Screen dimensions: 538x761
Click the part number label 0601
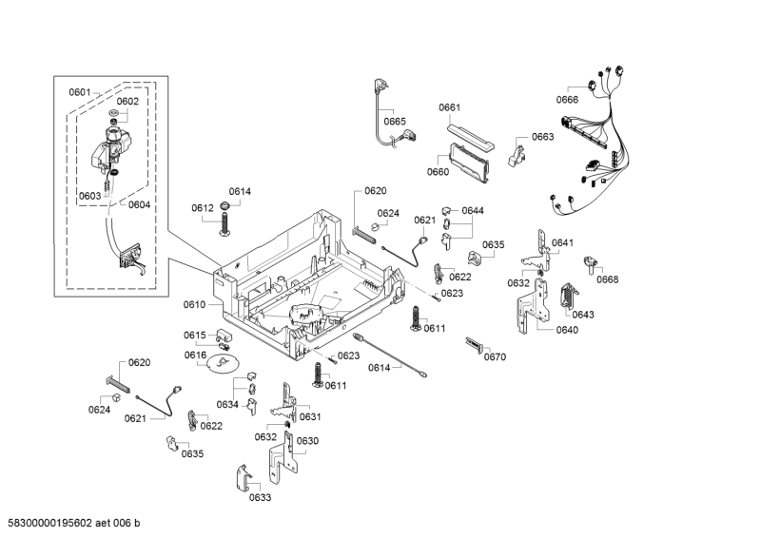coord(79,92)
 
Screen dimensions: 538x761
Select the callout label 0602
coord(127,102)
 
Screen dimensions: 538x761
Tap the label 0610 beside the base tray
coord(194,305)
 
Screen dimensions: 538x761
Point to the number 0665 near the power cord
coord(395,121)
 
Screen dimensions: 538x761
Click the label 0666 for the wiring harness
coord(567,100)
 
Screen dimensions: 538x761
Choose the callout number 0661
coord(450,107)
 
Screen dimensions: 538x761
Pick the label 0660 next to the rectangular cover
coord(438,172)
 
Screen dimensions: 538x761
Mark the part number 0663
coord(542,137)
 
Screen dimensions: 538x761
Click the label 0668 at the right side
coord(607,279)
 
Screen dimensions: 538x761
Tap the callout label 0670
coord(495,357)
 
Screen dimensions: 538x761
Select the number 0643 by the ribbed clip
coord(583,315)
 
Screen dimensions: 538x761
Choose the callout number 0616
coord(195,355)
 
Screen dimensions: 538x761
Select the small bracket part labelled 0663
coord(517,152)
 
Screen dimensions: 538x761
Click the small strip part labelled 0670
coord(475,344)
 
